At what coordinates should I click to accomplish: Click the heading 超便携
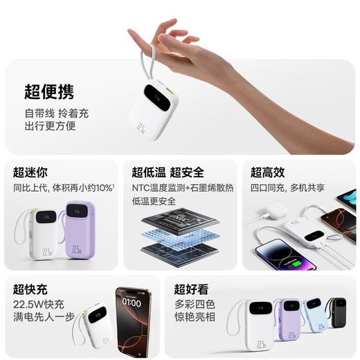(x=48, y=91)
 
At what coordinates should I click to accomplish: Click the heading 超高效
(x=267, y=172)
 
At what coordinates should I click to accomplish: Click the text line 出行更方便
(x=50, y=126)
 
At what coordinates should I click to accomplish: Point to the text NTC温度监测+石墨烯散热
(x=183, y=187)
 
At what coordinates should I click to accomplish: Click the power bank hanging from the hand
(x=154, y=111)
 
